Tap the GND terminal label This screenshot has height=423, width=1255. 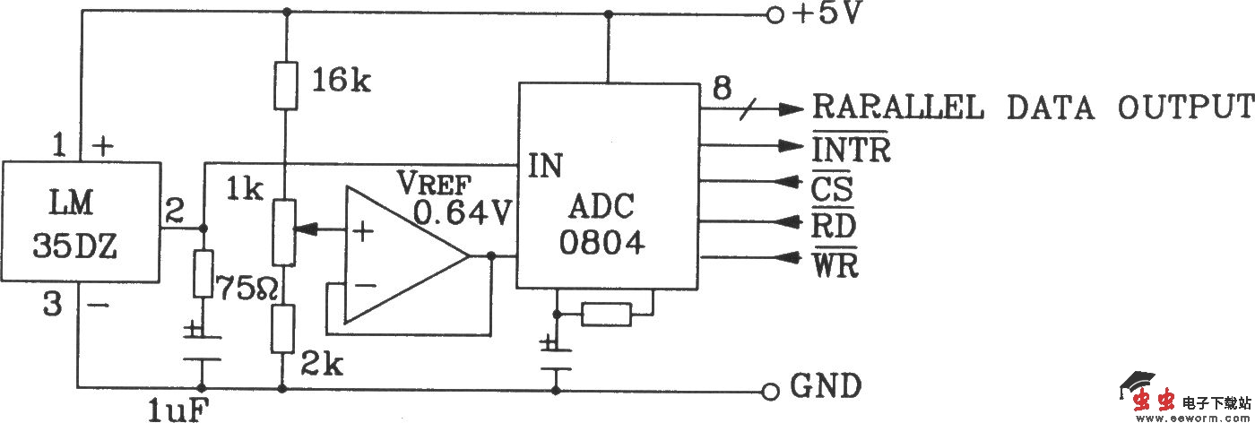tap(826, 386)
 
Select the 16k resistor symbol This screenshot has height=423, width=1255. tap(284, 86)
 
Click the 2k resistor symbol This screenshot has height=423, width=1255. tap(284, 329)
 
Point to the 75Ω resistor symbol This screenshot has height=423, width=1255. tap(203, 274)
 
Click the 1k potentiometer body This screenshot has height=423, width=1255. tap(284, 232)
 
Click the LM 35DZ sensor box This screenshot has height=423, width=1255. tap(80, 220)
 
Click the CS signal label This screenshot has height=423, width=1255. tap(832, 189)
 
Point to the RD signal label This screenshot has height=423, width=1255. tap(834, 226)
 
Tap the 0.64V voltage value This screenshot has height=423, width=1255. tap(463, 212)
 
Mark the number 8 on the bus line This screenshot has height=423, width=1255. tap(722, 89)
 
